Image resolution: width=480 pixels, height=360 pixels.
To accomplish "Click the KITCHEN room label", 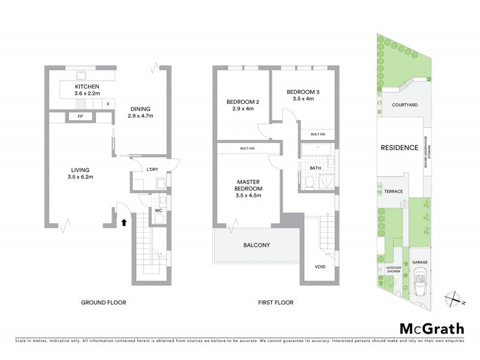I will coord(88,87).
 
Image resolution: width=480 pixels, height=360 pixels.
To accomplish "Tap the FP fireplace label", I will coord(80,116).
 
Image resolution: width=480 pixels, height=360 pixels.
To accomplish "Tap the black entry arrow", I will coord(124,222).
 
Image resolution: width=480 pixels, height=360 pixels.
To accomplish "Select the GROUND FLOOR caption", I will coord(104,302).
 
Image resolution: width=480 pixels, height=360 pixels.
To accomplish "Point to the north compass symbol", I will coord(454,296).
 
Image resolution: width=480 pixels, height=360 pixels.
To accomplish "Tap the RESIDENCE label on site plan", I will coord(399,147).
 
